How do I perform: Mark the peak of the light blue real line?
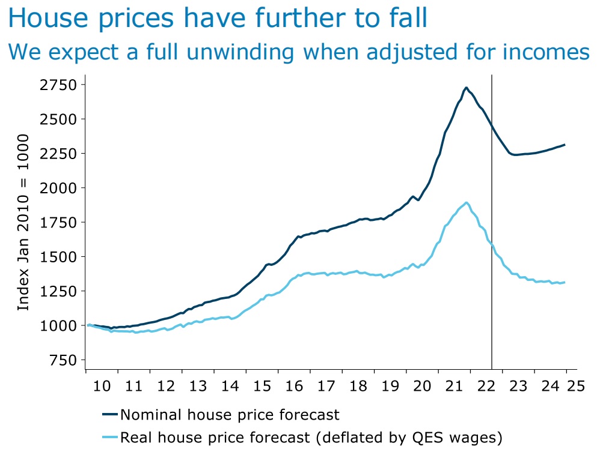pos(467,202)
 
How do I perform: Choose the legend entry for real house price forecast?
pos(311,438)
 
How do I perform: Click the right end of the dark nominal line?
pos(565,145)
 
